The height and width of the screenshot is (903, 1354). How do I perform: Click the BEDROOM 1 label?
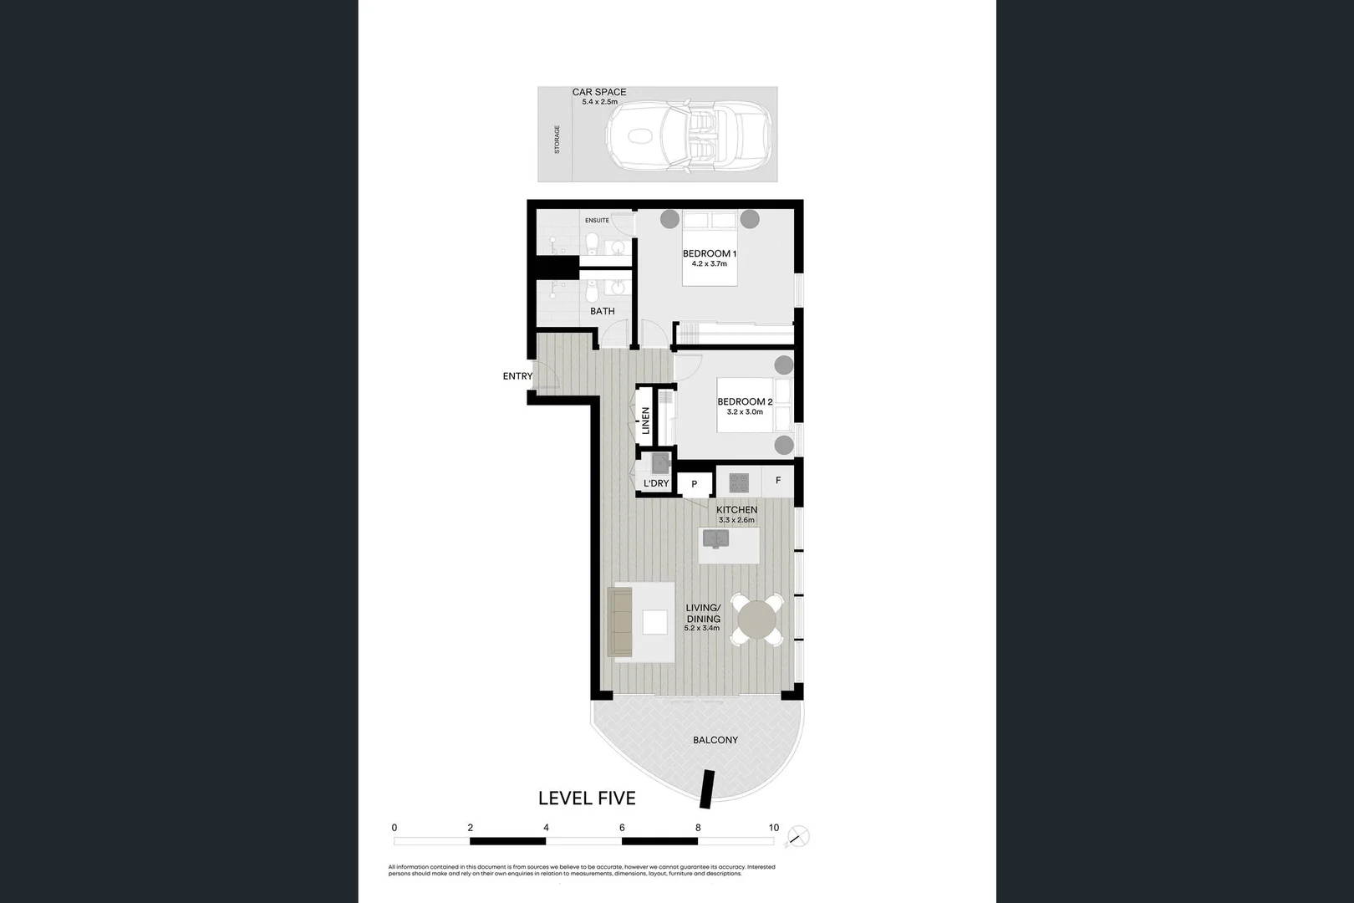click(x=709, y=253)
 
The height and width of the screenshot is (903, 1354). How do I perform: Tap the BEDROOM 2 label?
click(x=745, y=401)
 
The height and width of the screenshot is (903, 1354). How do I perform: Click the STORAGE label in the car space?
click(x=557, y=140)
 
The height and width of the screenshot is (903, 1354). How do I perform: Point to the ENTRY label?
click(x=517, y=376)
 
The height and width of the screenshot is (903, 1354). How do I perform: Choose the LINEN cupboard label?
click(x=646, y=421)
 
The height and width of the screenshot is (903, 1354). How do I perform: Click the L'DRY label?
click(x=656, y=483)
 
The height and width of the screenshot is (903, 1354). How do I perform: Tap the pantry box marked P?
click(x=694, y=484)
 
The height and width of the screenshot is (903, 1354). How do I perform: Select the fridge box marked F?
click(x=778, y=481)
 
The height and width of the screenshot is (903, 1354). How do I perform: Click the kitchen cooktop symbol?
click(x=739, y=482)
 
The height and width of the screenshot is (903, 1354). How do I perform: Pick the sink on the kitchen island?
click(x=715, y=538)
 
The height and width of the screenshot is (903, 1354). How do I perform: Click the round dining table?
click(x=757, y=620)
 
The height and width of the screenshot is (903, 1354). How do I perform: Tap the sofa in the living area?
click(x=620, y=621)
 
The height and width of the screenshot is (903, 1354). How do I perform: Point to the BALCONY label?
click(x=715, y=740)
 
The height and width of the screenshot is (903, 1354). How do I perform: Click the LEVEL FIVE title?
click(x=587, y=798)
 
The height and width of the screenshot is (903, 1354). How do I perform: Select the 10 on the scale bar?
click(x=774, y=828)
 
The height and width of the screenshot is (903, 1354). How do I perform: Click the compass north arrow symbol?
click(x=800, y=835)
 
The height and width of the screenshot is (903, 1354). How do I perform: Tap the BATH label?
click(x=603, y=311)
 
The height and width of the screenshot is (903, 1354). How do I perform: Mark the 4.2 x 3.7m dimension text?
click(x=709, y=264)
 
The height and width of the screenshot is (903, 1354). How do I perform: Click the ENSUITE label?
click(x=597, y=221)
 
